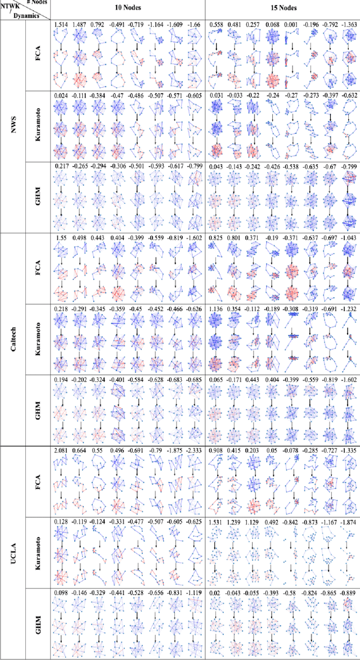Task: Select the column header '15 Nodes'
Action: click(283, 9)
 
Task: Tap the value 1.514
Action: click(61, 25)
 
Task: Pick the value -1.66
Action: click(195, 25)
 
